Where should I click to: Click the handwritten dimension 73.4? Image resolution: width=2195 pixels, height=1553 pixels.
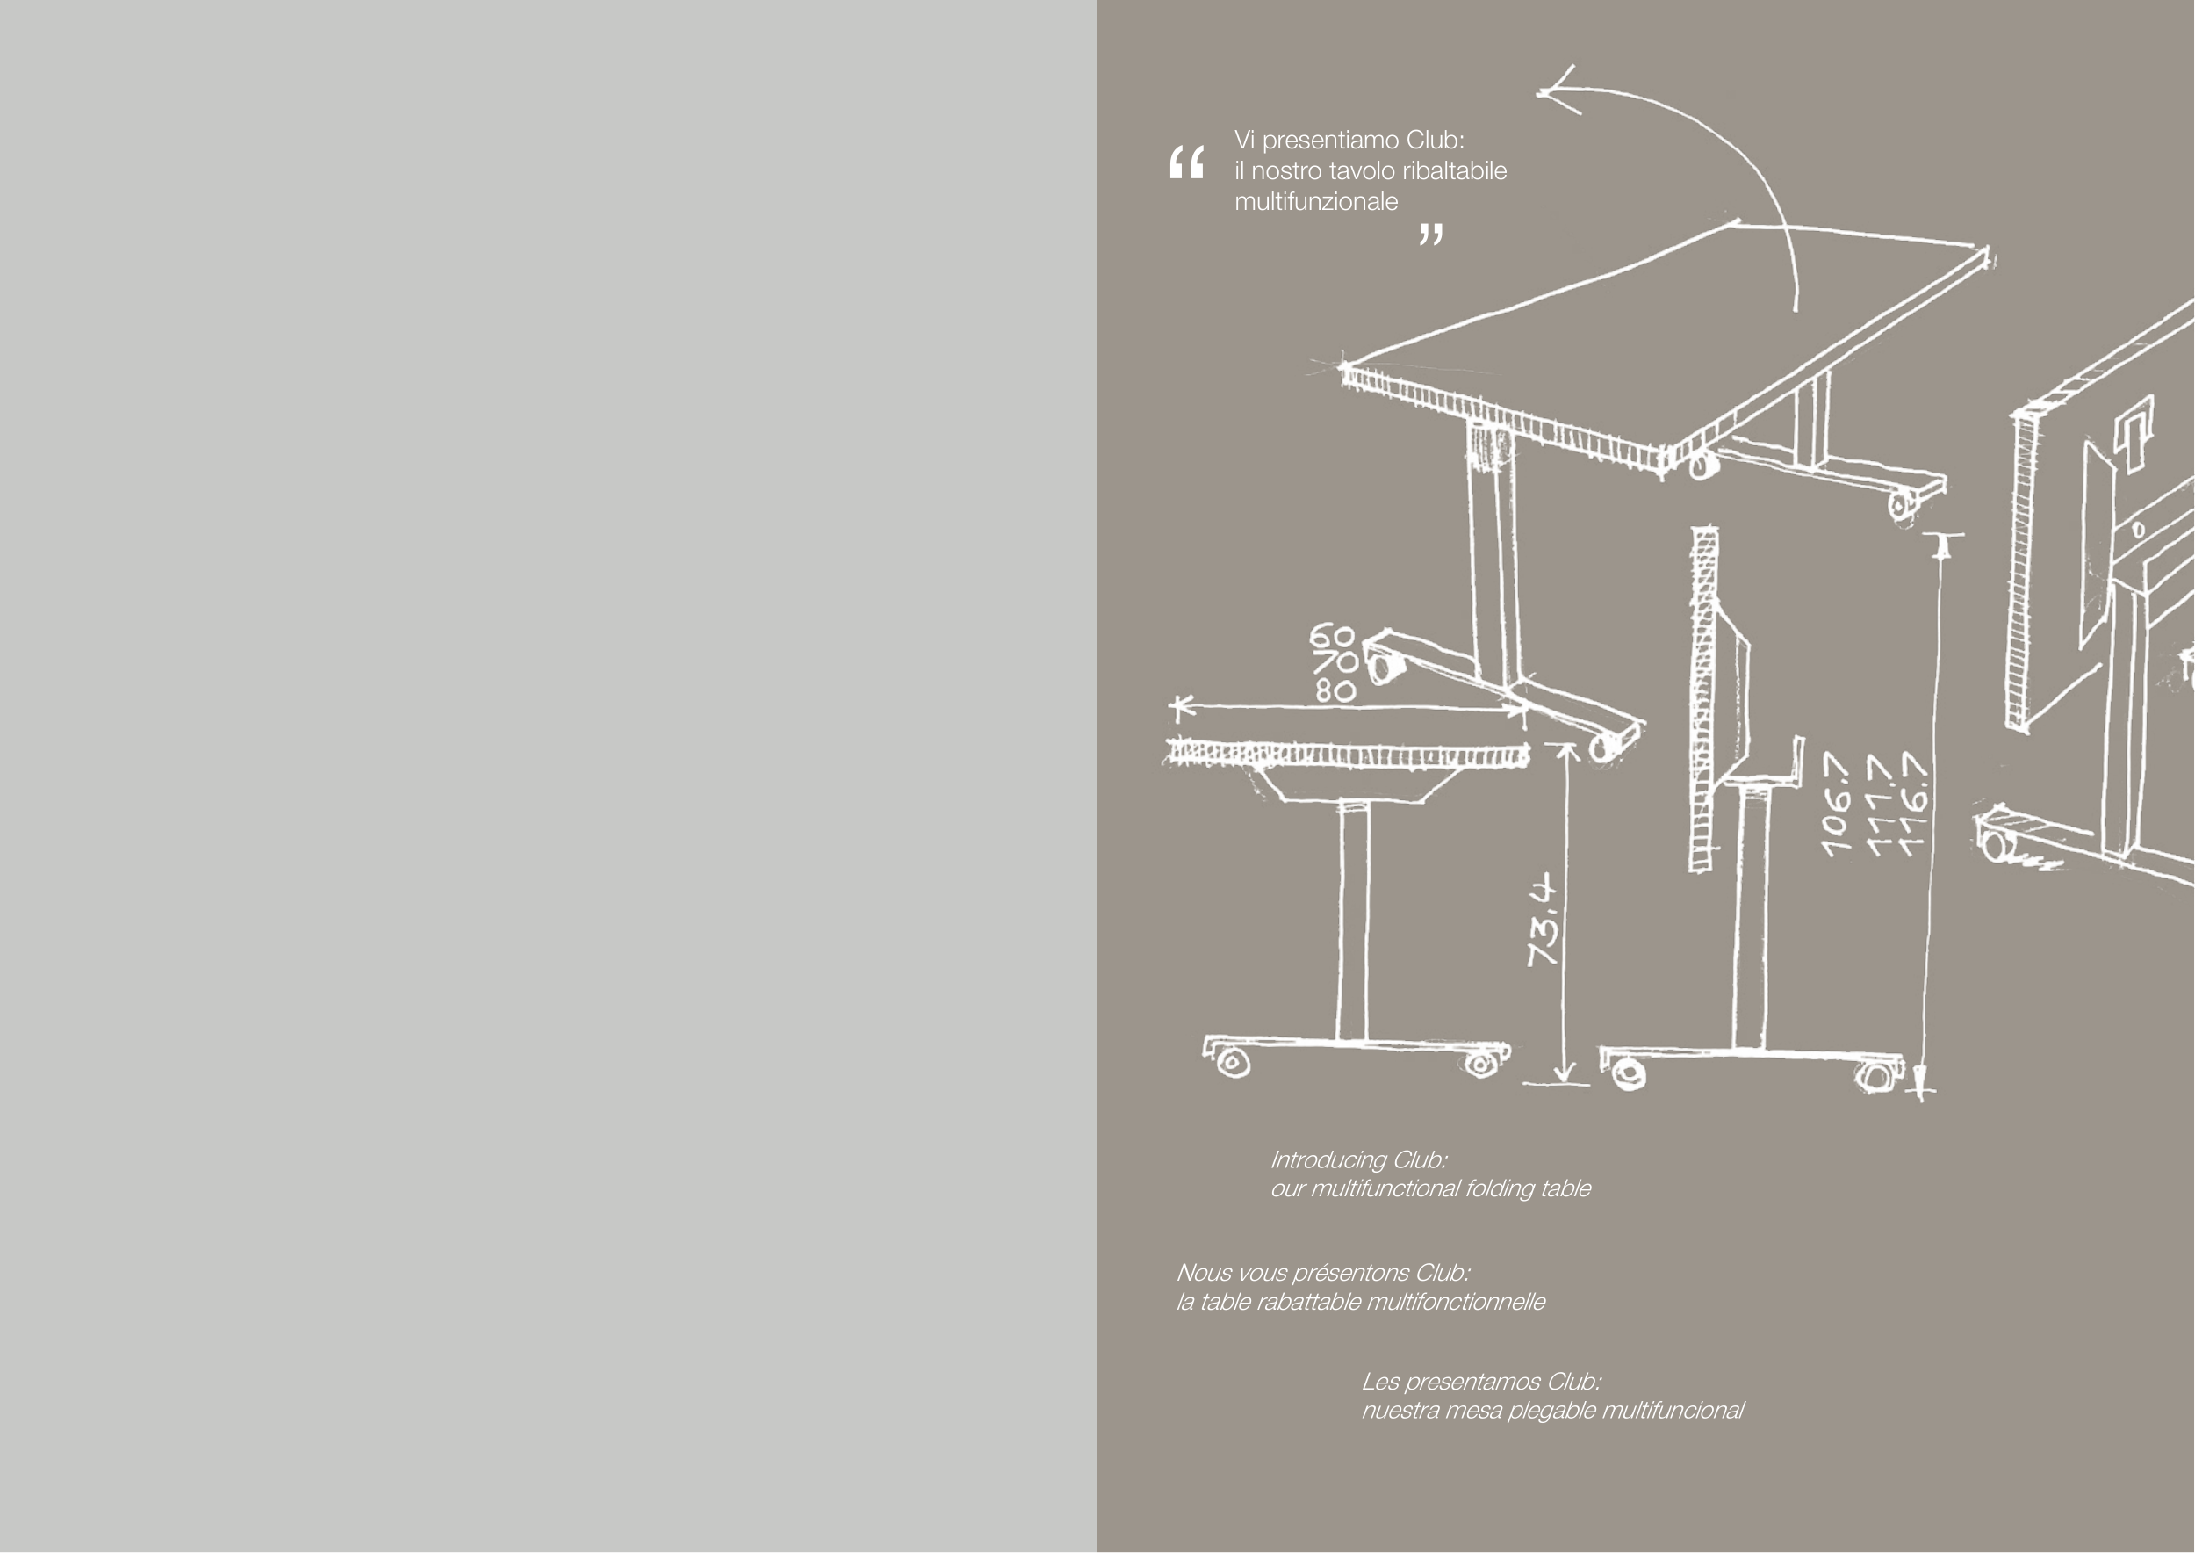point(1543,921)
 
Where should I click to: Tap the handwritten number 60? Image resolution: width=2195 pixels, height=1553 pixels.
point(1332,636)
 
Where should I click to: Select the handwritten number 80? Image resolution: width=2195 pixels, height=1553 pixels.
point(1335,690)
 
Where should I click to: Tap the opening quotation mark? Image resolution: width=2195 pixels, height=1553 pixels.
point(1186,163)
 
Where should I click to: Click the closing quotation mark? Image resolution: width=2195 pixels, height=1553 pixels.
point(1430,235)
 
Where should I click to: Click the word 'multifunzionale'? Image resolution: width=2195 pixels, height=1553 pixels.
point(1315,202)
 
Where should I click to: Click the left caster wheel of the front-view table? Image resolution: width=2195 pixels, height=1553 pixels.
point(1233,1063)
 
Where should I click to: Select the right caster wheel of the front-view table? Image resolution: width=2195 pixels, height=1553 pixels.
point(1481,1063)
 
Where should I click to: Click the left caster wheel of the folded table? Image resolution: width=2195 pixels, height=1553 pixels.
point(1627,1073)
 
